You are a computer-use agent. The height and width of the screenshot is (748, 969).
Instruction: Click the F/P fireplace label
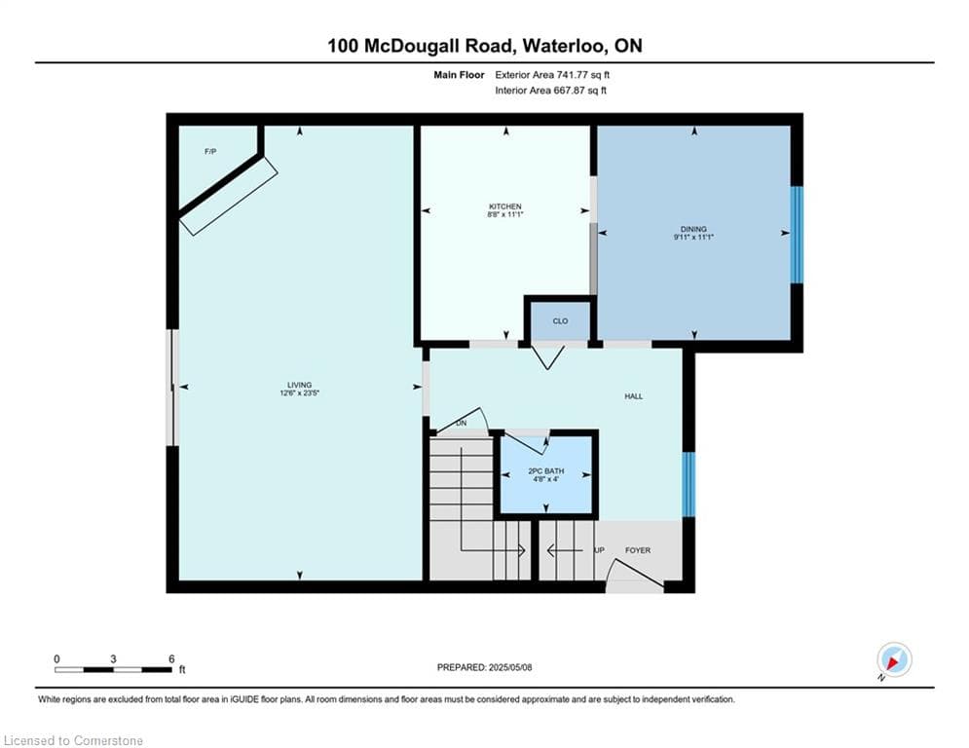[210, 152]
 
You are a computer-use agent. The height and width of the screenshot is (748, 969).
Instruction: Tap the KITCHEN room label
[505, 206]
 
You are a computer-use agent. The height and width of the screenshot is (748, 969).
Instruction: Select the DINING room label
[693, 229]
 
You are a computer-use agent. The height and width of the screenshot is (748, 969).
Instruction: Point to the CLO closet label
[560, 320]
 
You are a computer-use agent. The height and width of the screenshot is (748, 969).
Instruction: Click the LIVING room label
[299, 385]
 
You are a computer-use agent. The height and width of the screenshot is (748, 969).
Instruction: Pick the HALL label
[633, 396]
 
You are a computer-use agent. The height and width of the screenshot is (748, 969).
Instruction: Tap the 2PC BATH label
[545, 471]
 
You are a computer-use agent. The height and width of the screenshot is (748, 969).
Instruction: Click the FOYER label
[638, 550]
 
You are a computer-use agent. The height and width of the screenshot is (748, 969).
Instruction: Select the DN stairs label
[461, 424]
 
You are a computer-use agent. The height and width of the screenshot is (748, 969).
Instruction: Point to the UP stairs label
[599, 550]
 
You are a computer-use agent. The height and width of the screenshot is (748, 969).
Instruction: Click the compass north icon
[894, 660]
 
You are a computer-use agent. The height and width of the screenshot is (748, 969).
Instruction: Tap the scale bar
[113, 669]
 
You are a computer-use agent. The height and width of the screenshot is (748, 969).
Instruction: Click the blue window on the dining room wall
[798, 235]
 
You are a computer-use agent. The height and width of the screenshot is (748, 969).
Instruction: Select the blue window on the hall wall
[689, 485]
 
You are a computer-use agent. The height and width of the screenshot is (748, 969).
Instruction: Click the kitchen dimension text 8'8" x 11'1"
[505, 214]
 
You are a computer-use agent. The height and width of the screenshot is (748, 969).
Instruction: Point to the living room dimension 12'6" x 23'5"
[299, 393]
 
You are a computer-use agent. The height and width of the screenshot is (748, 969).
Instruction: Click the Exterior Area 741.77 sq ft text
[552, 75]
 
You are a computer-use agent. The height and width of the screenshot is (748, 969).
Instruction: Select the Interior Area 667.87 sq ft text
[550, 91]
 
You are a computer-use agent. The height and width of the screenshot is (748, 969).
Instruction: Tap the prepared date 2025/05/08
[510, 667]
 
